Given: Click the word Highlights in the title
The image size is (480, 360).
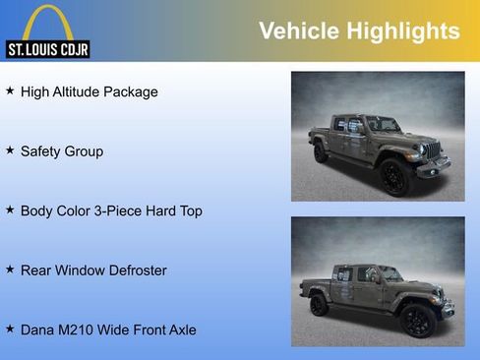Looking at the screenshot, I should (x=402, y=31).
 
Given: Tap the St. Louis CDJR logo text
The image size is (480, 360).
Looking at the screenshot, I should (x=47, y=49).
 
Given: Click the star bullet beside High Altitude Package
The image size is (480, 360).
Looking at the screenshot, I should (x=10, y=90).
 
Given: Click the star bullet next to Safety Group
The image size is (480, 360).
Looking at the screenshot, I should (x=10, y=150).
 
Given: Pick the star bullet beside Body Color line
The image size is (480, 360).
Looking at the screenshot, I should (x=10, y=210).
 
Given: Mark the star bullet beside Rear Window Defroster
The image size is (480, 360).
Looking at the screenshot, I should (x=10, y=269).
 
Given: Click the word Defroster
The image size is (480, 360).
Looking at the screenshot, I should (x=137, y=270).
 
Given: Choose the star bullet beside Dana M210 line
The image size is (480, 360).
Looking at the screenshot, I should (x=10, y=329).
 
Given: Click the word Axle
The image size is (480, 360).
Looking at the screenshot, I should (x=180, y=330).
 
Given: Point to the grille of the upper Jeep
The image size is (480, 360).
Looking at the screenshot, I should (x=431, y=150).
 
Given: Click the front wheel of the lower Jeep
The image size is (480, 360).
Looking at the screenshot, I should (x=416, y=320).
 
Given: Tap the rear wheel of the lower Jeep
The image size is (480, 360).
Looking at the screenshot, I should (x=319, y=305).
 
